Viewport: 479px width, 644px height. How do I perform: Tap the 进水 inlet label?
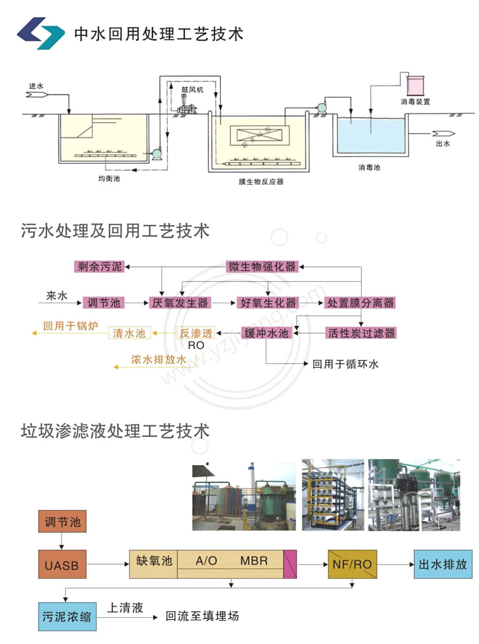pyautogui.click(x=36, y=86)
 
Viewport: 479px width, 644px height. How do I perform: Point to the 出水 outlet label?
pyautogui.click(x=442, y=144)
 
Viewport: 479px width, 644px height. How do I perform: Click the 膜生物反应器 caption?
pyautogui.click(x=261, y=181)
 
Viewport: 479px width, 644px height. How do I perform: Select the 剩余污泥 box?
pyautogui.click(x=98, y=267)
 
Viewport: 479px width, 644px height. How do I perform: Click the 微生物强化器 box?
pyautogui.click(x=262, y=267)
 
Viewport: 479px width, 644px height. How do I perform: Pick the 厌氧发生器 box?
pyautogui.click(x=180, y=303)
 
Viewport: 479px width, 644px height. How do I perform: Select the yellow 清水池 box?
pyautogui.click(x=129, y=333)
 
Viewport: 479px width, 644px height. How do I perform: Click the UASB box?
pyautogui.click(x=62, y=564)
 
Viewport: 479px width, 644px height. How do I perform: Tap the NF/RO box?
pyautogui.click(x=352, y=564)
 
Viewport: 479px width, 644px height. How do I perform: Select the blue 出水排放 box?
pyautogui.click(x=442, y=564)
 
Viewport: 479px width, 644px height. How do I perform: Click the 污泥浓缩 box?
pyautogui.click(x=67, y=616)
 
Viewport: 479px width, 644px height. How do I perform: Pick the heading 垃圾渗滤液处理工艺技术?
pyautogui.click(x=115, y=430)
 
